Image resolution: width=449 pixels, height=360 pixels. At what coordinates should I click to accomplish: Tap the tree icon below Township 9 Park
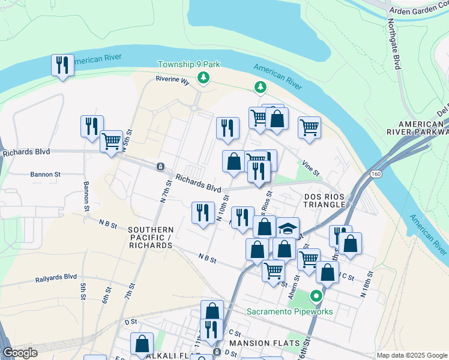[204, 77]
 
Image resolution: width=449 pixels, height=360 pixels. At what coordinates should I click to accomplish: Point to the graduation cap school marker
[288, 229]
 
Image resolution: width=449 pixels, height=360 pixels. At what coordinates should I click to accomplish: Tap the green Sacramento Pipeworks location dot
[316, 296]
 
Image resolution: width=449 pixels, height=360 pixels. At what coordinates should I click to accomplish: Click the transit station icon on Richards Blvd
[160, 166]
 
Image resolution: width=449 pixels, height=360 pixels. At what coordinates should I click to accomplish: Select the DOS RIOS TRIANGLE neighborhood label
[325, 200]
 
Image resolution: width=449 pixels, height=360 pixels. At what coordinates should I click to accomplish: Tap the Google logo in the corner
[19, 353]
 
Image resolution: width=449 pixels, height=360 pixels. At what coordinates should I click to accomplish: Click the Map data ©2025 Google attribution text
[412, 355]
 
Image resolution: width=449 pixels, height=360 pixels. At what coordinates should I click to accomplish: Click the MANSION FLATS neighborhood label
[256, 343]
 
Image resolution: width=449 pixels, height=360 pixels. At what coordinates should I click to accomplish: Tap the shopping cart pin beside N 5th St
[112, 142]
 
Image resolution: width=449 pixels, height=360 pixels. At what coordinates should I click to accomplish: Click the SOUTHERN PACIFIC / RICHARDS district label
[151, 238]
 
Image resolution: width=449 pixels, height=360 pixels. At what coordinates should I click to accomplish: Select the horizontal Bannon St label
[45, 175]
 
